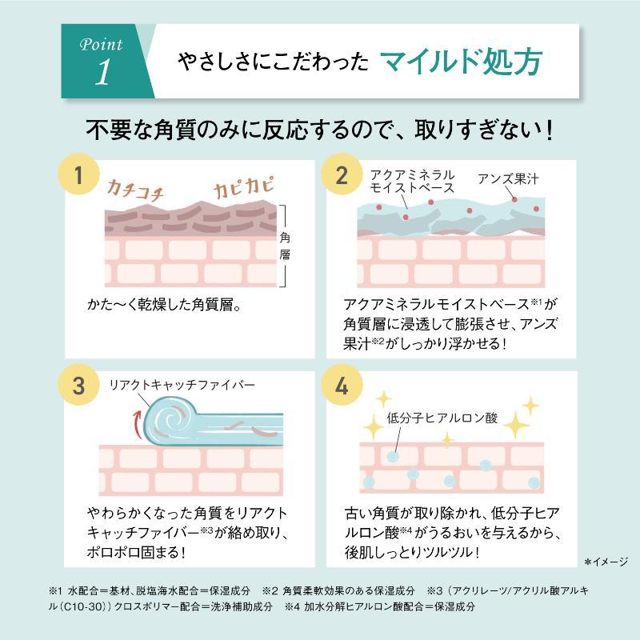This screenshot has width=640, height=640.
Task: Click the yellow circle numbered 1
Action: (78, 174)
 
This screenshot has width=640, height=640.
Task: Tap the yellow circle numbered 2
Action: (342, 174)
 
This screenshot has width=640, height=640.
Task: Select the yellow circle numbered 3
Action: (78, 385)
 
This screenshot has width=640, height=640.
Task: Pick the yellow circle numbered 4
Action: (342, 385)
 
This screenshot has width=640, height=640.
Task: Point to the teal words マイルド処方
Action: (462, 62)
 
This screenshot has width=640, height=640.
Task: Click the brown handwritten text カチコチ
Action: (135, 190)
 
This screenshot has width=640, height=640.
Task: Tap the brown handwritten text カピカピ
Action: (243, 187)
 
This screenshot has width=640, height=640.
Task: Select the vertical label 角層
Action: (285, 246)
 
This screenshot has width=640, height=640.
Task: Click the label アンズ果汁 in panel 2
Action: (508, 178)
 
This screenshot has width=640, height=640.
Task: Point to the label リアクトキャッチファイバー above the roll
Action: (182, 385)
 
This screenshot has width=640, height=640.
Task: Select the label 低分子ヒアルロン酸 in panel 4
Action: (442, 418)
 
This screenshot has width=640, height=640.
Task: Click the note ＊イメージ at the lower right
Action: (606, 562)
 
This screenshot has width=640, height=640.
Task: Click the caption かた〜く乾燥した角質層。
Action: (164, 304)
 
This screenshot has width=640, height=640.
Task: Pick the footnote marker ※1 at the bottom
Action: (55, 590)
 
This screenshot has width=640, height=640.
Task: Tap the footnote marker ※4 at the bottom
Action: (292, 606)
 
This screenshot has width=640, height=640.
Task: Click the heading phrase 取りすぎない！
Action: (485, 130)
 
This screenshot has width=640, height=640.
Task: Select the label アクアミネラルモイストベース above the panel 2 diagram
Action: (412, 182)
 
